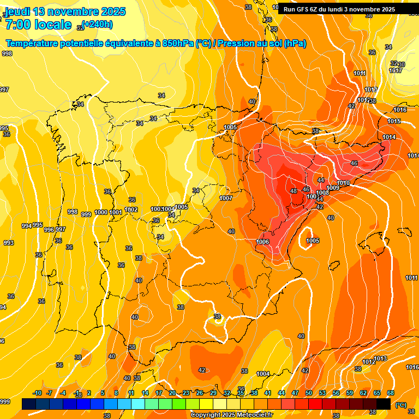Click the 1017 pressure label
[x=396, y=70]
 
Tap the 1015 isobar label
[x=394, y=121]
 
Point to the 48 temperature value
[x=294, y=191]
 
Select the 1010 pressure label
[x=343, y=183]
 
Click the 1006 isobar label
[x=263, y=241]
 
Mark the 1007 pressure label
[x=226, y=197]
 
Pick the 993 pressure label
[x=9, y=243]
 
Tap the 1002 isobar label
[x=131, y=209]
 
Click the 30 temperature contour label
[x=402, y=64]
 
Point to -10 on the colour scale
[x=38, y=393]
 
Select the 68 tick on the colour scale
[x=391, y=393]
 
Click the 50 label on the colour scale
[x=309, y=393]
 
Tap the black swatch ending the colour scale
[x=384, y=404]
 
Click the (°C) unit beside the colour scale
[x=400, y=404]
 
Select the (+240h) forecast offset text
[x=98, y=24]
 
